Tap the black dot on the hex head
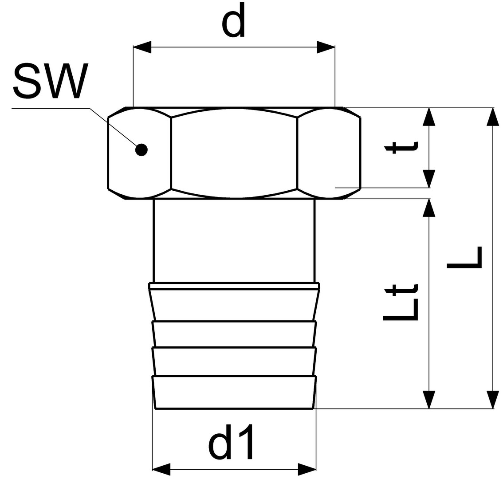141,150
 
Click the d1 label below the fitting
231,442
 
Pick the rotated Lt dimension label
401,302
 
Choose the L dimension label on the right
464,258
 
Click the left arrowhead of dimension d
142,47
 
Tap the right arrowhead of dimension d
326,47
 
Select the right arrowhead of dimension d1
307,469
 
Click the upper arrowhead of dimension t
429,117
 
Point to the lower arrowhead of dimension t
429,179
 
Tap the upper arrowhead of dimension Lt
429,208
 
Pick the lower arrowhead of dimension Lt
429,399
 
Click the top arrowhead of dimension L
493,117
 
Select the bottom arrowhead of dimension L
493,399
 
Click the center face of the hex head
234,153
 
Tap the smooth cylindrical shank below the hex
234,241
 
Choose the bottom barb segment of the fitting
234,392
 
